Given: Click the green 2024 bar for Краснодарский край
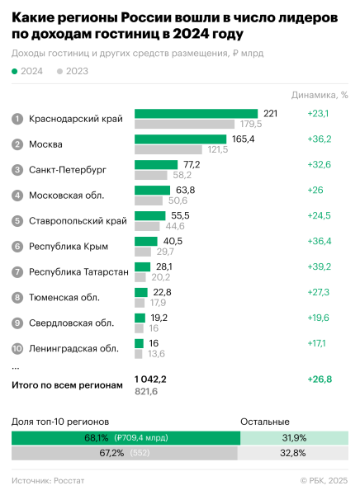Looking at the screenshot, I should click(x=196, y=113).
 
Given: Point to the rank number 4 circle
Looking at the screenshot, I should click(x=17, y=196).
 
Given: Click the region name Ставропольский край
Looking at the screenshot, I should click(x=78, y=221).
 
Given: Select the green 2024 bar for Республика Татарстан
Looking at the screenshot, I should click(x=142, y=266).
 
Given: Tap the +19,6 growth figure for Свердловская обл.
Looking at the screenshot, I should click(x=319, y=318).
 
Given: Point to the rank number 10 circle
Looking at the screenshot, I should click(x=17, y=348).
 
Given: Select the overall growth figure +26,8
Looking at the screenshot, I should click(x=319, y=379).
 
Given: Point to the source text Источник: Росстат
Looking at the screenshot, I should click(x=48, y=479).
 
